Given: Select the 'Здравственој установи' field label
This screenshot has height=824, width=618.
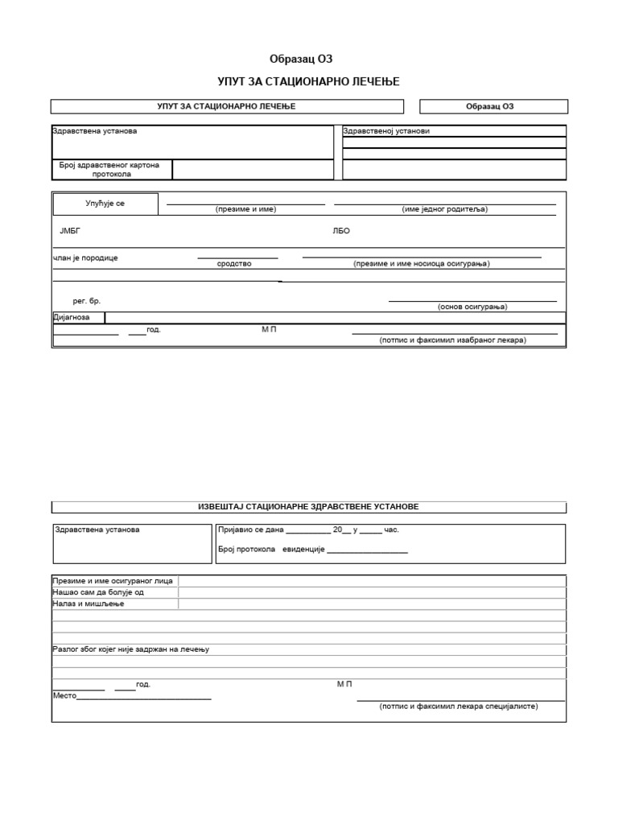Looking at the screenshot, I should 381,131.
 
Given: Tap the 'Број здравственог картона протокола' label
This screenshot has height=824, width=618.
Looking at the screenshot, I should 112,169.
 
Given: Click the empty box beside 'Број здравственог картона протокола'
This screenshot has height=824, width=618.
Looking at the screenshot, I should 253,169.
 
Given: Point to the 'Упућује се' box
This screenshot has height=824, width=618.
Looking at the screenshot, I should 105,204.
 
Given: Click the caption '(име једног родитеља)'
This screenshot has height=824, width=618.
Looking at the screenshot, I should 445,209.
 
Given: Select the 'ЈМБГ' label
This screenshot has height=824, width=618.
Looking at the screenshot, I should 70,231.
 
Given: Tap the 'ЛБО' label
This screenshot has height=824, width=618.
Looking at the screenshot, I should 341,231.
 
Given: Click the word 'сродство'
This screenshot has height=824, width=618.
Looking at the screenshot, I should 234,264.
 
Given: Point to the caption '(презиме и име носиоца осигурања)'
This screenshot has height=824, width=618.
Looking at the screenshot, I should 421,264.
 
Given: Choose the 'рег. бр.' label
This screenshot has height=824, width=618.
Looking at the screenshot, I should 86,301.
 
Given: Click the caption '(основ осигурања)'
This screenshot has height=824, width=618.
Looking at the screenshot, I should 472,307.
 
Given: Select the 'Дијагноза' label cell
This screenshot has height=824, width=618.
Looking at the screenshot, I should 77,318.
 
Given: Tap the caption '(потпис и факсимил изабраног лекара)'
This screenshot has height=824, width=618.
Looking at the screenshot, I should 452,340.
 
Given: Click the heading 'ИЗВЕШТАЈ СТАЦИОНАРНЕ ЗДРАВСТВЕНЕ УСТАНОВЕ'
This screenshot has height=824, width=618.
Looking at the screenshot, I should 308,507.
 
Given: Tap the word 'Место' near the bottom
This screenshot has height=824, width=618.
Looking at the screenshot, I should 64,695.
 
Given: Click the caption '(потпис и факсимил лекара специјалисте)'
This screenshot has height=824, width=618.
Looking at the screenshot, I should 459,706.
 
